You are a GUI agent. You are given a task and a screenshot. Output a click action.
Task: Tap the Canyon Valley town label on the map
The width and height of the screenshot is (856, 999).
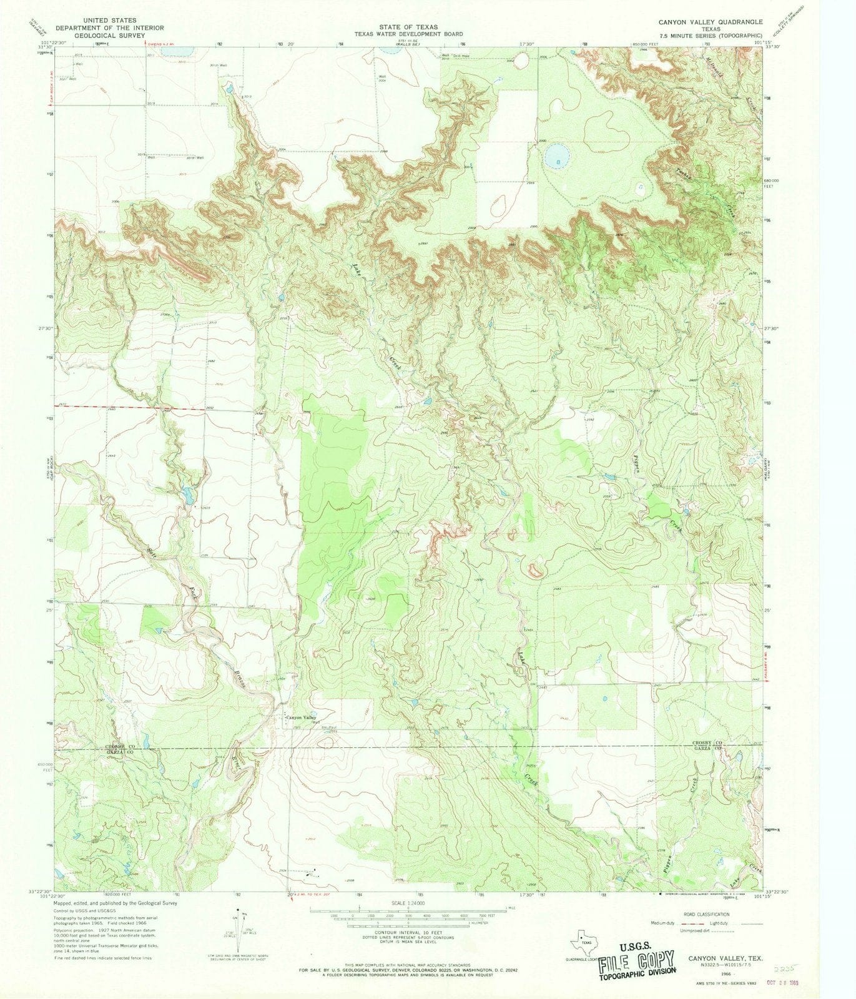click(300, 718)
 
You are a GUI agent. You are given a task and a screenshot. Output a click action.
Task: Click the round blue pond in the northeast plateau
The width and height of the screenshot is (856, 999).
click(554, 157)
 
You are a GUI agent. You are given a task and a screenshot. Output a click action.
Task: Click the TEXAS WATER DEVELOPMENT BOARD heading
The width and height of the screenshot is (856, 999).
click(410, 34)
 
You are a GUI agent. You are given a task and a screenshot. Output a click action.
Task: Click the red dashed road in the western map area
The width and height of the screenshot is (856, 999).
click(125, 407)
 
